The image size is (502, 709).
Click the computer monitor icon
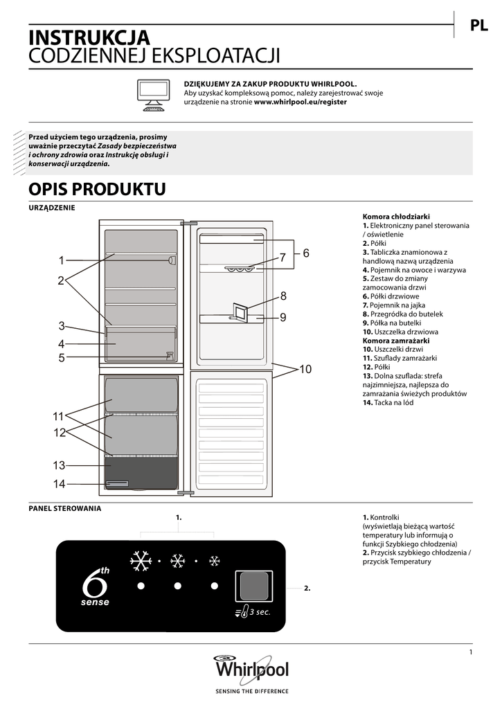(154, 93)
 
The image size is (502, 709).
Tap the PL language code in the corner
(479, 26)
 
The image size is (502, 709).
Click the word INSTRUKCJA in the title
(89, 37)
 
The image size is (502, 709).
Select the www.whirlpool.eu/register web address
(301, 102)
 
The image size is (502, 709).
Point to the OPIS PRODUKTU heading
(97, 189)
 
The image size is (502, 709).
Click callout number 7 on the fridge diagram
(283, 258)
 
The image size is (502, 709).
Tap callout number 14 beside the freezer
(60, 483)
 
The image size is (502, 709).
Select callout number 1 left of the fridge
(61, 261)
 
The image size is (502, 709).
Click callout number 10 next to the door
(305, 369)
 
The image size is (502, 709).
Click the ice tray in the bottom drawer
(117, 483)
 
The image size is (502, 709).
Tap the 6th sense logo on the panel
(96, 586)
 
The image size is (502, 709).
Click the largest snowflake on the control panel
(141, 561)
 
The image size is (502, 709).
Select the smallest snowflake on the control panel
(215, 561)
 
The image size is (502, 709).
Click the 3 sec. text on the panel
(260, 612)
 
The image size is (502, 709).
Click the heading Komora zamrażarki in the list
(396, 341)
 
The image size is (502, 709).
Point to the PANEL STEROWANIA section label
(64, 508)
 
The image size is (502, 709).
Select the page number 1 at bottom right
(470, 652)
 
